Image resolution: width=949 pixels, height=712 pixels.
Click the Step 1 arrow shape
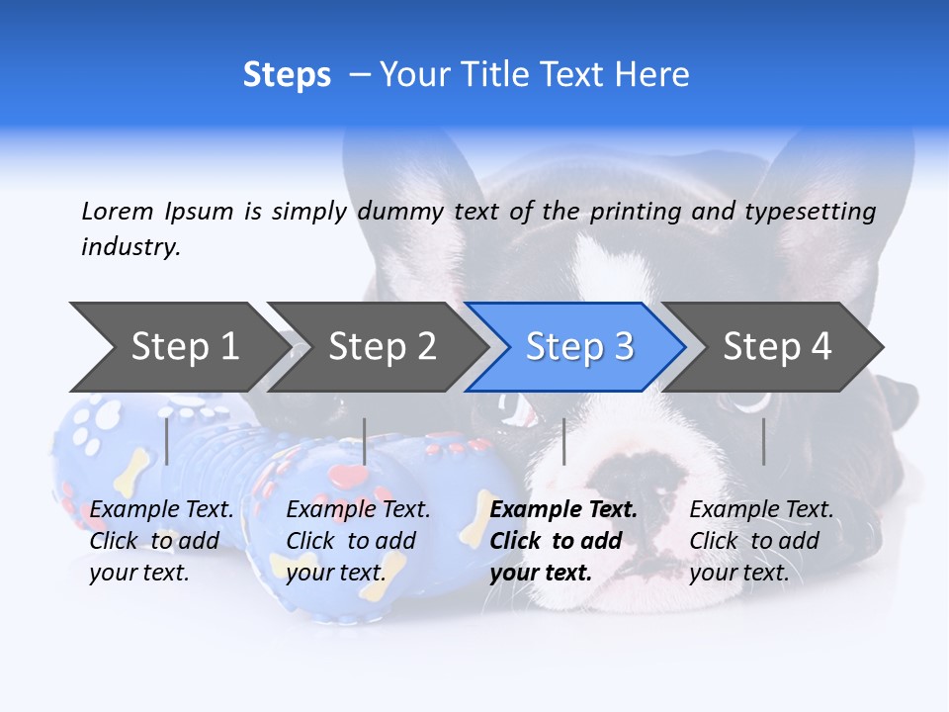178,347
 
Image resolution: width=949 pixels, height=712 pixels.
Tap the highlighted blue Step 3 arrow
577,347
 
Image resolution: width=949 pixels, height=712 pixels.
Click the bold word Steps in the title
287,75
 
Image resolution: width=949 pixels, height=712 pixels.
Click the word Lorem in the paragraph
118,211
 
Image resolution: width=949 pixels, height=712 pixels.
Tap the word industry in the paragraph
130,246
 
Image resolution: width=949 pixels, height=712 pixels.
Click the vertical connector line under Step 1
167,441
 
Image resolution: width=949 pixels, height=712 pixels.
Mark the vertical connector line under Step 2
365,441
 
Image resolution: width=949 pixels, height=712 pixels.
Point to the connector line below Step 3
563,441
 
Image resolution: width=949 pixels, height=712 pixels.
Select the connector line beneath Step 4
763,441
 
